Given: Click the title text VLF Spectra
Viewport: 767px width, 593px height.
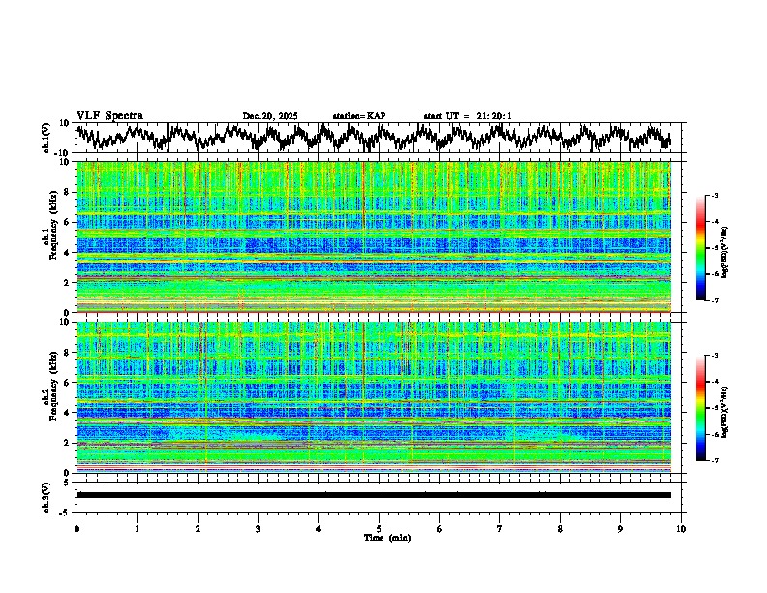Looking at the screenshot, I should (109, 115).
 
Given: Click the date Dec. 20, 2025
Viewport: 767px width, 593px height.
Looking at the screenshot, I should (270, 116).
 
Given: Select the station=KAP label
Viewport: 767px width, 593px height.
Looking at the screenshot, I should (358, 116).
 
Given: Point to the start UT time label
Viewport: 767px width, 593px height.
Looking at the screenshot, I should (468, 116).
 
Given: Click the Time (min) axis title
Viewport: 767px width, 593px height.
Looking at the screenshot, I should (379, 537).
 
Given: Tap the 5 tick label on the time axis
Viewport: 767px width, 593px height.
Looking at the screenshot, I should (379, 528).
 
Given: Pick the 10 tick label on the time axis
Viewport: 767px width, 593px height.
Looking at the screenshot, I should (681, 528).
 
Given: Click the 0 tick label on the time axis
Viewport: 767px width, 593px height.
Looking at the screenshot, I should (77, 528).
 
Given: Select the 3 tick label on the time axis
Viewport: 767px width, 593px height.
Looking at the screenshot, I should (258, 528).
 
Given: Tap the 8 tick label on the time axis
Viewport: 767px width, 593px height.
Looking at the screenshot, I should (560, 528).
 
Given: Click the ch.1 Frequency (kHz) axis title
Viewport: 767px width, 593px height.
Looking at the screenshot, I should (51, 237).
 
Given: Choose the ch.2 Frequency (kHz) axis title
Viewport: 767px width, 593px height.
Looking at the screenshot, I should (51, 396).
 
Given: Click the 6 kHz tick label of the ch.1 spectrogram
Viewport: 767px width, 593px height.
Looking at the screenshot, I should (68, 222).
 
